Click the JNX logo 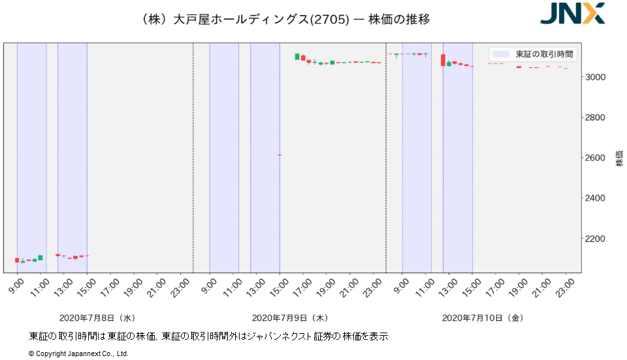(x=572, y=14)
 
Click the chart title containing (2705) (x=285, y=19)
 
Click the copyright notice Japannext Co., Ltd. (x=78, y=353)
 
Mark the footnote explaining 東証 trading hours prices (x=208, y=336)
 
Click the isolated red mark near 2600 (x=280, y=155)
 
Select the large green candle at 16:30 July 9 (x=297, y=57)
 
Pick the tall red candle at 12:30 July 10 (x=443, y=60)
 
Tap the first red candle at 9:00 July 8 (x=17, y=260)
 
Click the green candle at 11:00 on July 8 (x=40, y=257)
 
